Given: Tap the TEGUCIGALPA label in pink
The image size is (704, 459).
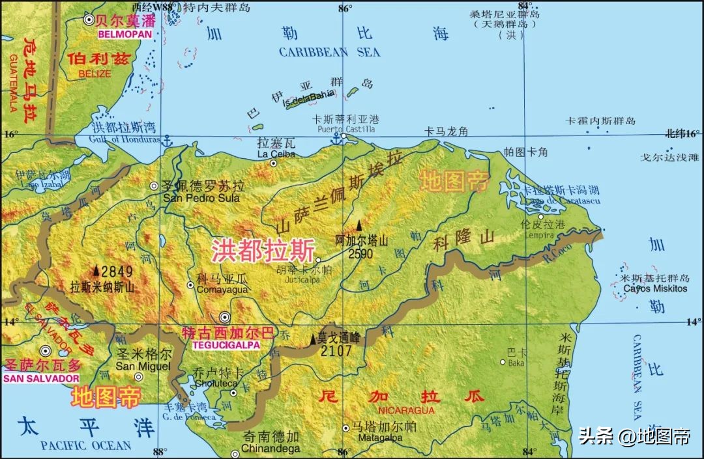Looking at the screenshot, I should tap(221, 345).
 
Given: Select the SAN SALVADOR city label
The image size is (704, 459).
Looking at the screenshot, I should tap(41, 378).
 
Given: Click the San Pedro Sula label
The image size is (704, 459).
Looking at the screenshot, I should tap(201, 198).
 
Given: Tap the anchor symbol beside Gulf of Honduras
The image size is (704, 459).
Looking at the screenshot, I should tap(167, 140).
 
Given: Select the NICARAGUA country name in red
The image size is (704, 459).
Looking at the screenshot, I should tap(405, 411).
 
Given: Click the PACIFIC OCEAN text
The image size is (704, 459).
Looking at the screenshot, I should tap(85, 446).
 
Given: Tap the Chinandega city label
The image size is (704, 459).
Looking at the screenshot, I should tap(271, 449).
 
